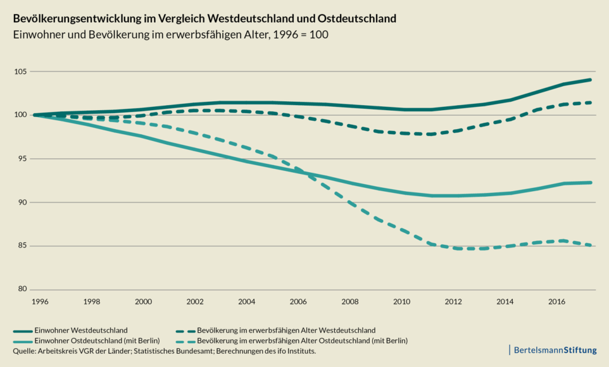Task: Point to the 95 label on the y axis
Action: [22, 159]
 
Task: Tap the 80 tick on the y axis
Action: [22, 289]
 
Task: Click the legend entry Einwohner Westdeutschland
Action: [91, 330]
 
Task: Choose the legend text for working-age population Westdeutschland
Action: [286, 330]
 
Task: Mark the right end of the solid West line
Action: [591, 80]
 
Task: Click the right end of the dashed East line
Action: [591, 245]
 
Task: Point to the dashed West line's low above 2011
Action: [430, 134]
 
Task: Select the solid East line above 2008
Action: [350, 183]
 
